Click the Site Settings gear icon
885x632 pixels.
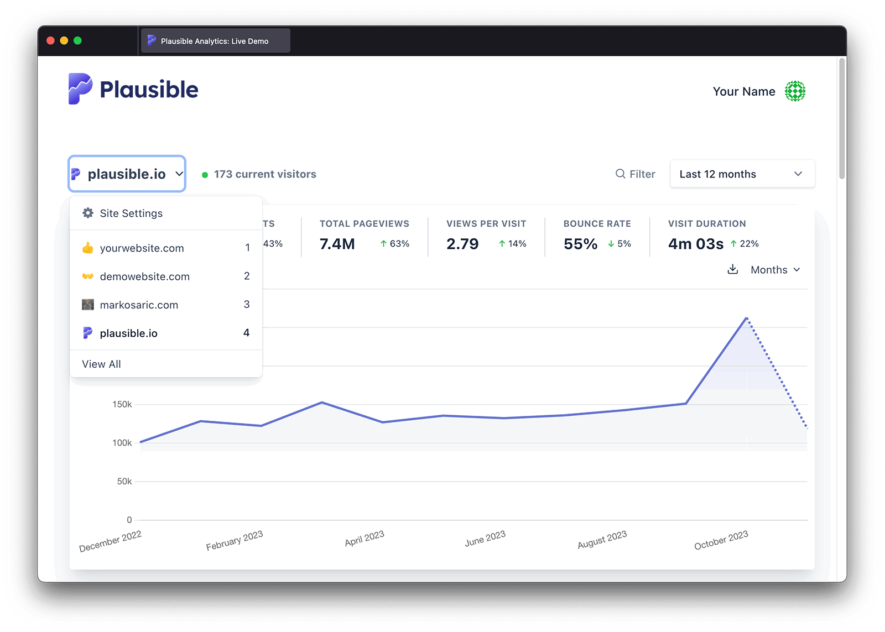(x=88, y=213)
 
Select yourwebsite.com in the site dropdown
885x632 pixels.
(x=142, y=248)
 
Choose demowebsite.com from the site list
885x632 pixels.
(x=144, y=276)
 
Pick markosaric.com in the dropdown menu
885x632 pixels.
(x=139, y=305)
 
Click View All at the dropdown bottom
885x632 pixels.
(x=101, y=364)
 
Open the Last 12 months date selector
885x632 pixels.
(x=742, y=174)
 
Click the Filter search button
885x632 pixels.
(x=635, y=174)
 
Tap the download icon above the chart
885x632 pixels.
(x=733, y=269)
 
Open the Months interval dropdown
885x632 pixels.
(x=775, y=270)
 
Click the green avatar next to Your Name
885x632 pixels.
(x=795, y=91)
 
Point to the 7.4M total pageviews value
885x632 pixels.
(x=337, y=244)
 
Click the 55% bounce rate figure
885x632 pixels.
(x=580, y=244)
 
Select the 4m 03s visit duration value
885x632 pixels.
(x=695, y=244)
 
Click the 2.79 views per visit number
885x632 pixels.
(x=462, y=244)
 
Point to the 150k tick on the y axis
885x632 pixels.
(x=122, y=404)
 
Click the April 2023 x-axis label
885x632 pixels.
(x=365, y=539)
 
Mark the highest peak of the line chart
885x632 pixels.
(x=747, y=318)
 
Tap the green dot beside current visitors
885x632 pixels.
(x=205, y=175)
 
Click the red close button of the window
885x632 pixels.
(x=50, y=40)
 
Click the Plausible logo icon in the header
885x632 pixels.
(x=80, y=88)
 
